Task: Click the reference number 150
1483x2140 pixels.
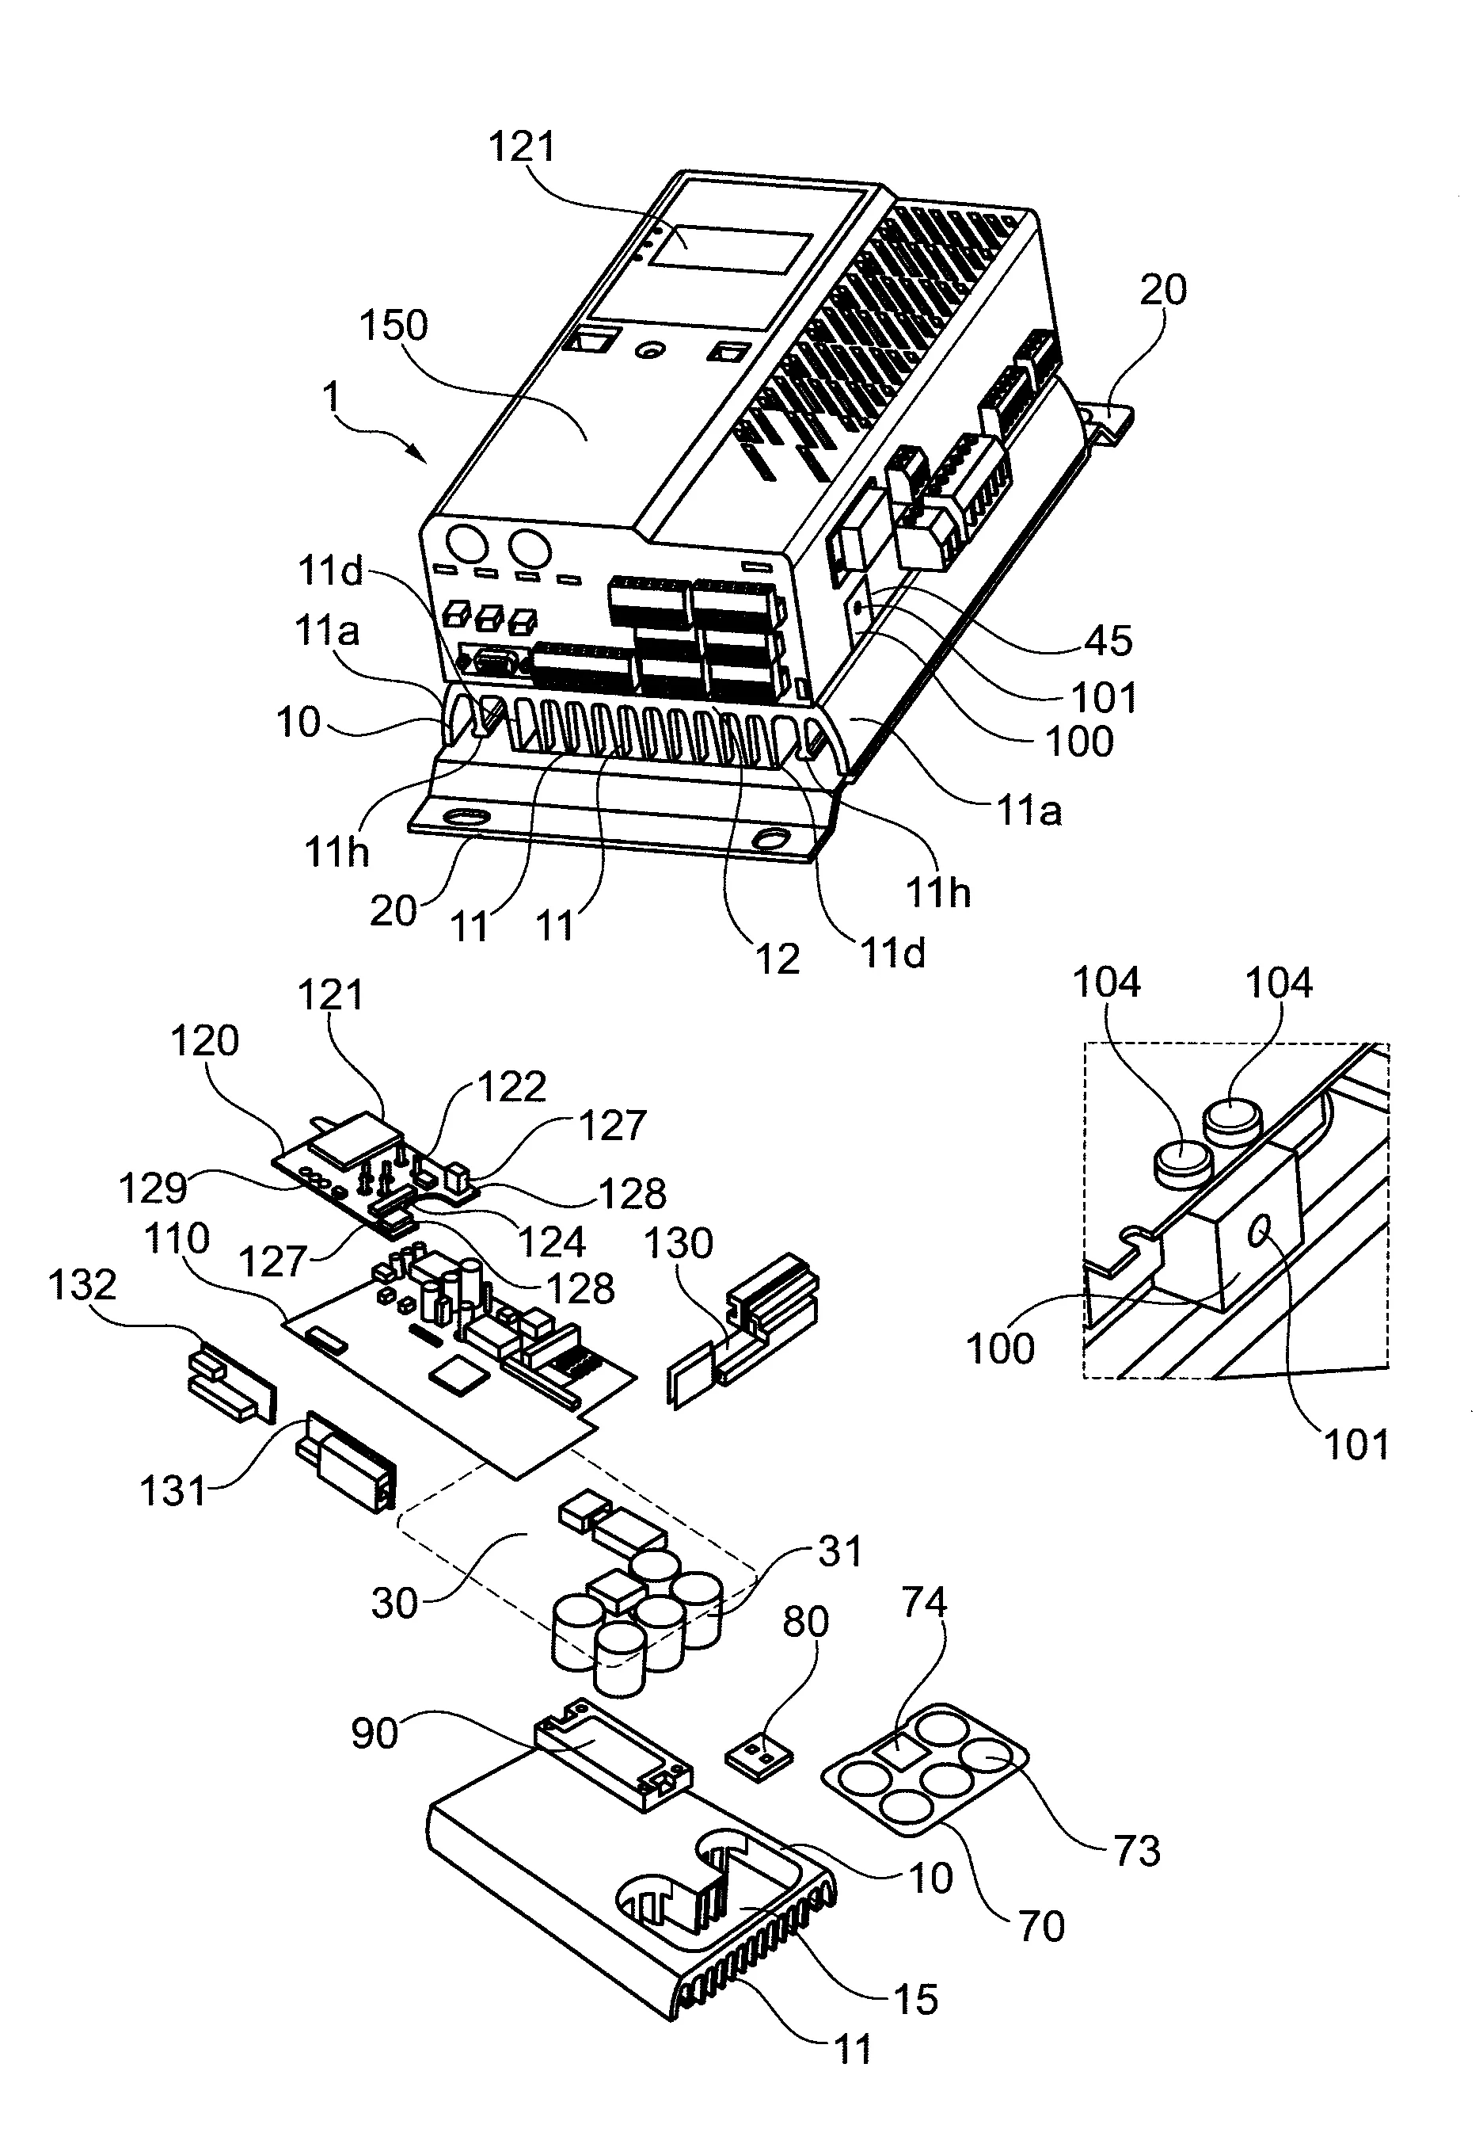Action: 393,326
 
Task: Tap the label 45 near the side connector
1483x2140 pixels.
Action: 1108,640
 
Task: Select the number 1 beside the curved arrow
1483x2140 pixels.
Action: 331,398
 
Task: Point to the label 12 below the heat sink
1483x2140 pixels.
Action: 777,959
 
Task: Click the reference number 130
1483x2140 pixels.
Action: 679,1243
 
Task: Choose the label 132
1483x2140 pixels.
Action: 82,1285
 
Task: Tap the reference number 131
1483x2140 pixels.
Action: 172,1491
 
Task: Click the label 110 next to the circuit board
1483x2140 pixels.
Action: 177,1238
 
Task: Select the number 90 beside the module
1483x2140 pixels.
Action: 375,1734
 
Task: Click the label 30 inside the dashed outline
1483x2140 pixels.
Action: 394,1604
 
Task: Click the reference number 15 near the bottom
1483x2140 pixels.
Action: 915,2000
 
